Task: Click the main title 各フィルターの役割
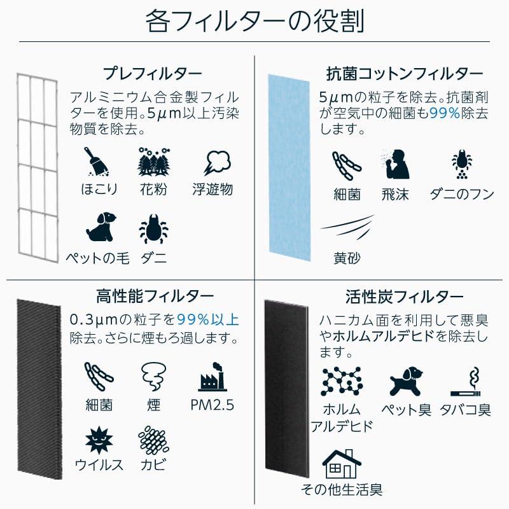254,21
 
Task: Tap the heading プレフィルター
153,74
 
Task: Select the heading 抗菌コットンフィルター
405,74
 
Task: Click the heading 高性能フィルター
155,296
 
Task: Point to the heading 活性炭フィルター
404,296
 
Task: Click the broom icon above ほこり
96,162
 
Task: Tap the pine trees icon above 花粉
153,162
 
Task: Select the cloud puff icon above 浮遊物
216,163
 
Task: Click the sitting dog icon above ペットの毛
101,227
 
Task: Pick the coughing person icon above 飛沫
396,164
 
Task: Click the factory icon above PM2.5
213,377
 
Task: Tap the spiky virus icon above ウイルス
99,440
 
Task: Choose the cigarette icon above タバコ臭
465,382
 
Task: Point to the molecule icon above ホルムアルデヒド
342,381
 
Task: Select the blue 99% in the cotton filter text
445,113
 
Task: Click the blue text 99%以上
208,320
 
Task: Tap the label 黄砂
347,258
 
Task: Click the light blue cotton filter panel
289,167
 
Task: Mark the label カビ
153,465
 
